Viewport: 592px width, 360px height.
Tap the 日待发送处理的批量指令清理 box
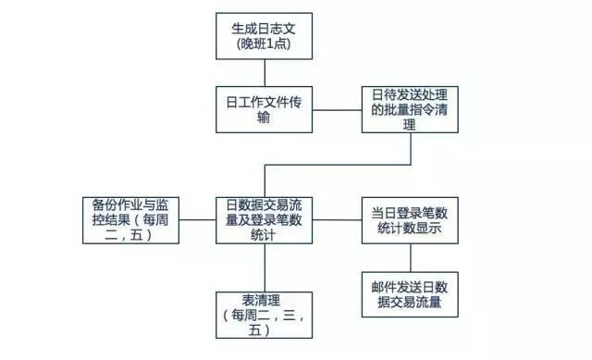(411, 110)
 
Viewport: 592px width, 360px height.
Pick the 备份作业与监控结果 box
(129, 220)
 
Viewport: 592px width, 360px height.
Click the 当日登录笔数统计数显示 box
(411, 219)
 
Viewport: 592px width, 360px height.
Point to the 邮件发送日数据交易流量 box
(411, 293)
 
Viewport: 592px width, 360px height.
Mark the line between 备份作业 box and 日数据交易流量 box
(197, 220)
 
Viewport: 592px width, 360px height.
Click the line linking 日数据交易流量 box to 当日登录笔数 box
(337, 220)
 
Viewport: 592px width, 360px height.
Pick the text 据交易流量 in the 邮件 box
(411, 302)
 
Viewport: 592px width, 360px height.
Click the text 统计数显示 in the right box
(411, 228)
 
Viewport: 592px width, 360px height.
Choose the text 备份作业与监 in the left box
(130, 205)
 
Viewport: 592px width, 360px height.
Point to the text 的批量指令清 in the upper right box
(411, 110)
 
